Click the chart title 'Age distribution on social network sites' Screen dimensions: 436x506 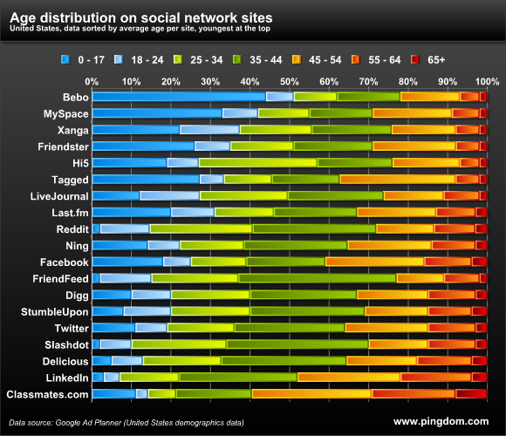click(x=140, y=16)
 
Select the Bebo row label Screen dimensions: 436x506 click(x=74, y=97)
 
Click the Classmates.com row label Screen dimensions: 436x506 click(x=47, y=395)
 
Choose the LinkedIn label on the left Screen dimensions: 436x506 click(x=66, y=378)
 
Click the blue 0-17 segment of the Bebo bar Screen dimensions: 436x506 click(x=179, y=97)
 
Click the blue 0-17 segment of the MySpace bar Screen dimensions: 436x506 click(x=157, y=113)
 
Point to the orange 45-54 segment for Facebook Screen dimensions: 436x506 click(x=374, y=262)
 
